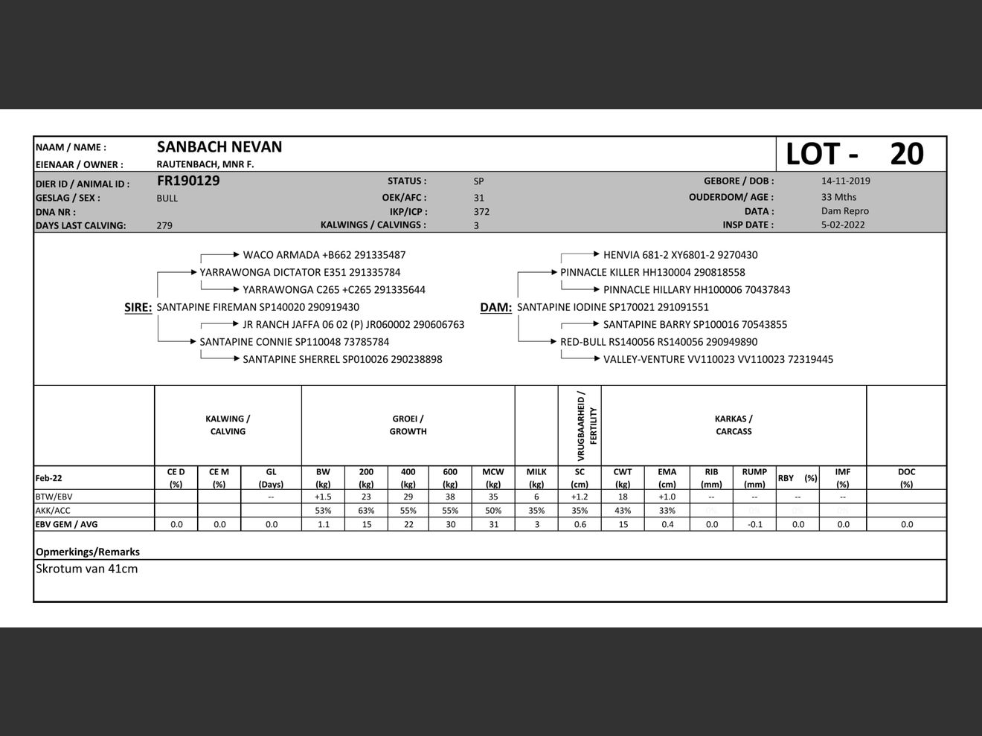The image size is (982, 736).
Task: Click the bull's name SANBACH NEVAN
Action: tap(219, 147)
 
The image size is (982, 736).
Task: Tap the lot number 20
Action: tap(906, 154)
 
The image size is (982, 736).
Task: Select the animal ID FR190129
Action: tap(188, 181)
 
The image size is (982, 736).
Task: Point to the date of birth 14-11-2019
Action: tap(845, 181)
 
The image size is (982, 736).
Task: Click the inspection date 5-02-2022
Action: tap(843, 225)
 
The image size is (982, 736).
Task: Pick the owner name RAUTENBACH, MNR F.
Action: tap(205, 164)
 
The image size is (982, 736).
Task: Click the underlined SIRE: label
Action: tap(138, 307)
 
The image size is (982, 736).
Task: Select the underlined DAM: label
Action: tap(495, 307)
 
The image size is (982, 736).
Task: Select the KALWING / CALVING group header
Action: tap(228, 425)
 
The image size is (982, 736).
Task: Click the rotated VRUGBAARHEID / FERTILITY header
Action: tap(587, 425)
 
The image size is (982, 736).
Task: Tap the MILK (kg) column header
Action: tap(536, 477)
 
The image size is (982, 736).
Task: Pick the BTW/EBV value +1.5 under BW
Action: tap(323, 497)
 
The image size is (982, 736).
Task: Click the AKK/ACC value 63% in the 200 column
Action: tap(366, 511)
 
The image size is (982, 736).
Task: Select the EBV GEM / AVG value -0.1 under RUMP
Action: tap(754, 524)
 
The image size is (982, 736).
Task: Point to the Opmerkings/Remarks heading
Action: tap(88, 552)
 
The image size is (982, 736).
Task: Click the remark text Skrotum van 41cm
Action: tap(87, 569)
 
